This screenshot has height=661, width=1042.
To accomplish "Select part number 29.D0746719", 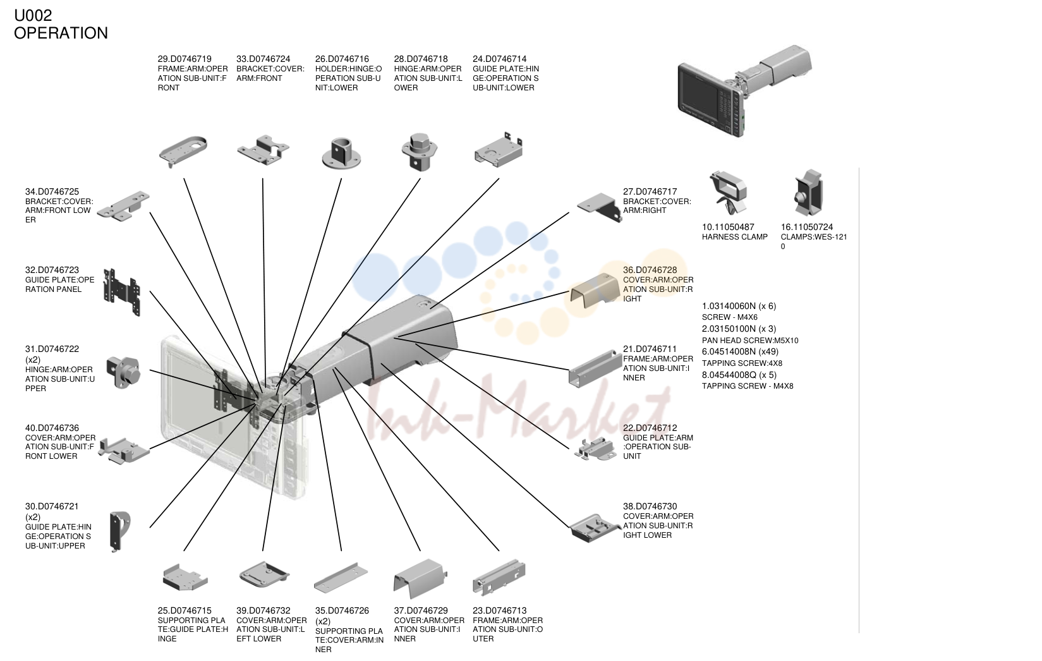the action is click(185, 59).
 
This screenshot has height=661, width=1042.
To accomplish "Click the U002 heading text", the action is click(33, 16).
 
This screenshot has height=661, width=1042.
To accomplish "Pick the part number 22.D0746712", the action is click(650, 428).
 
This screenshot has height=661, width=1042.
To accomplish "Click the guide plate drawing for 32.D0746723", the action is click(121, 292).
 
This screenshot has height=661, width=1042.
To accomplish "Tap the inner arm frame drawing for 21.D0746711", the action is click(595, 369).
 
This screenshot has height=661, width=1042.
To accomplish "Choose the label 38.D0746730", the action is click(650, 507).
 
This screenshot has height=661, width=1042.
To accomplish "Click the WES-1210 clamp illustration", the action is click(808, 193).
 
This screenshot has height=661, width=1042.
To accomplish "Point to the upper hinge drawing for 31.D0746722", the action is click(123, 372).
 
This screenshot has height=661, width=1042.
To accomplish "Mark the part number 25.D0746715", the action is click(185, 611).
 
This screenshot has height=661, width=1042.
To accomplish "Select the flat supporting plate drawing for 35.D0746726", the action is click(341, 578).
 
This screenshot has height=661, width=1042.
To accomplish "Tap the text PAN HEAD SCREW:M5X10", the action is click(750, 341).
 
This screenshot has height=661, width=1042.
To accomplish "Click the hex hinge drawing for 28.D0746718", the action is click(420, 152).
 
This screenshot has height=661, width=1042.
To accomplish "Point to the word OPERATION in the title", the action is click(61, 33).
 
